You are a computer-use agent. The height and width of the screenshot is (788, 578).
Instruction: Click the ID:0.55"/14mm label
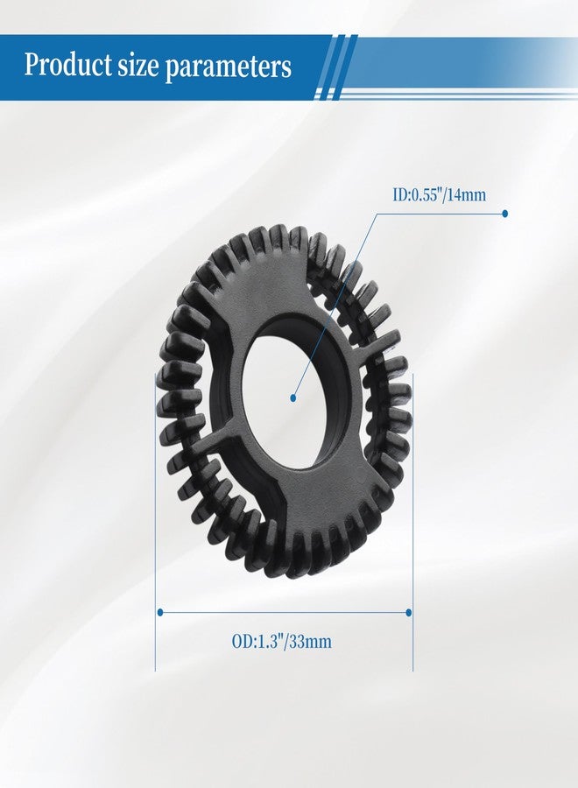click(x=440, y=194)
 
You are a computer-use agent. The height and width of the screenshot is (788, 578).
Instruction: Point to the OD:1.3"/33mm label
click(x=281, y=642)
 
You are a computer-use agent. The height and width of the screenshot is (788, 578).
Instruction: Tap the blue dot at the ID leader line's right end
click(x=505, y=214)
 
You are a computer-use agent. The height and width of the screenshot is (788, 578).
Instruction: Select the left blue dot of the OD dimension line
click(x=160, y=612)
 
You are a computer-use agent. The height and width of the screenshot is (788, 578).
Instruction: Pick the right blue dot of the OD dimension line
click(x=409, y=612)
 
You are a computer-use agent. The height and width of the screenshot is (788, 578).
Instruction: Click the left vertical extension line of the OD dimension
click(x=155, y=522)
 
